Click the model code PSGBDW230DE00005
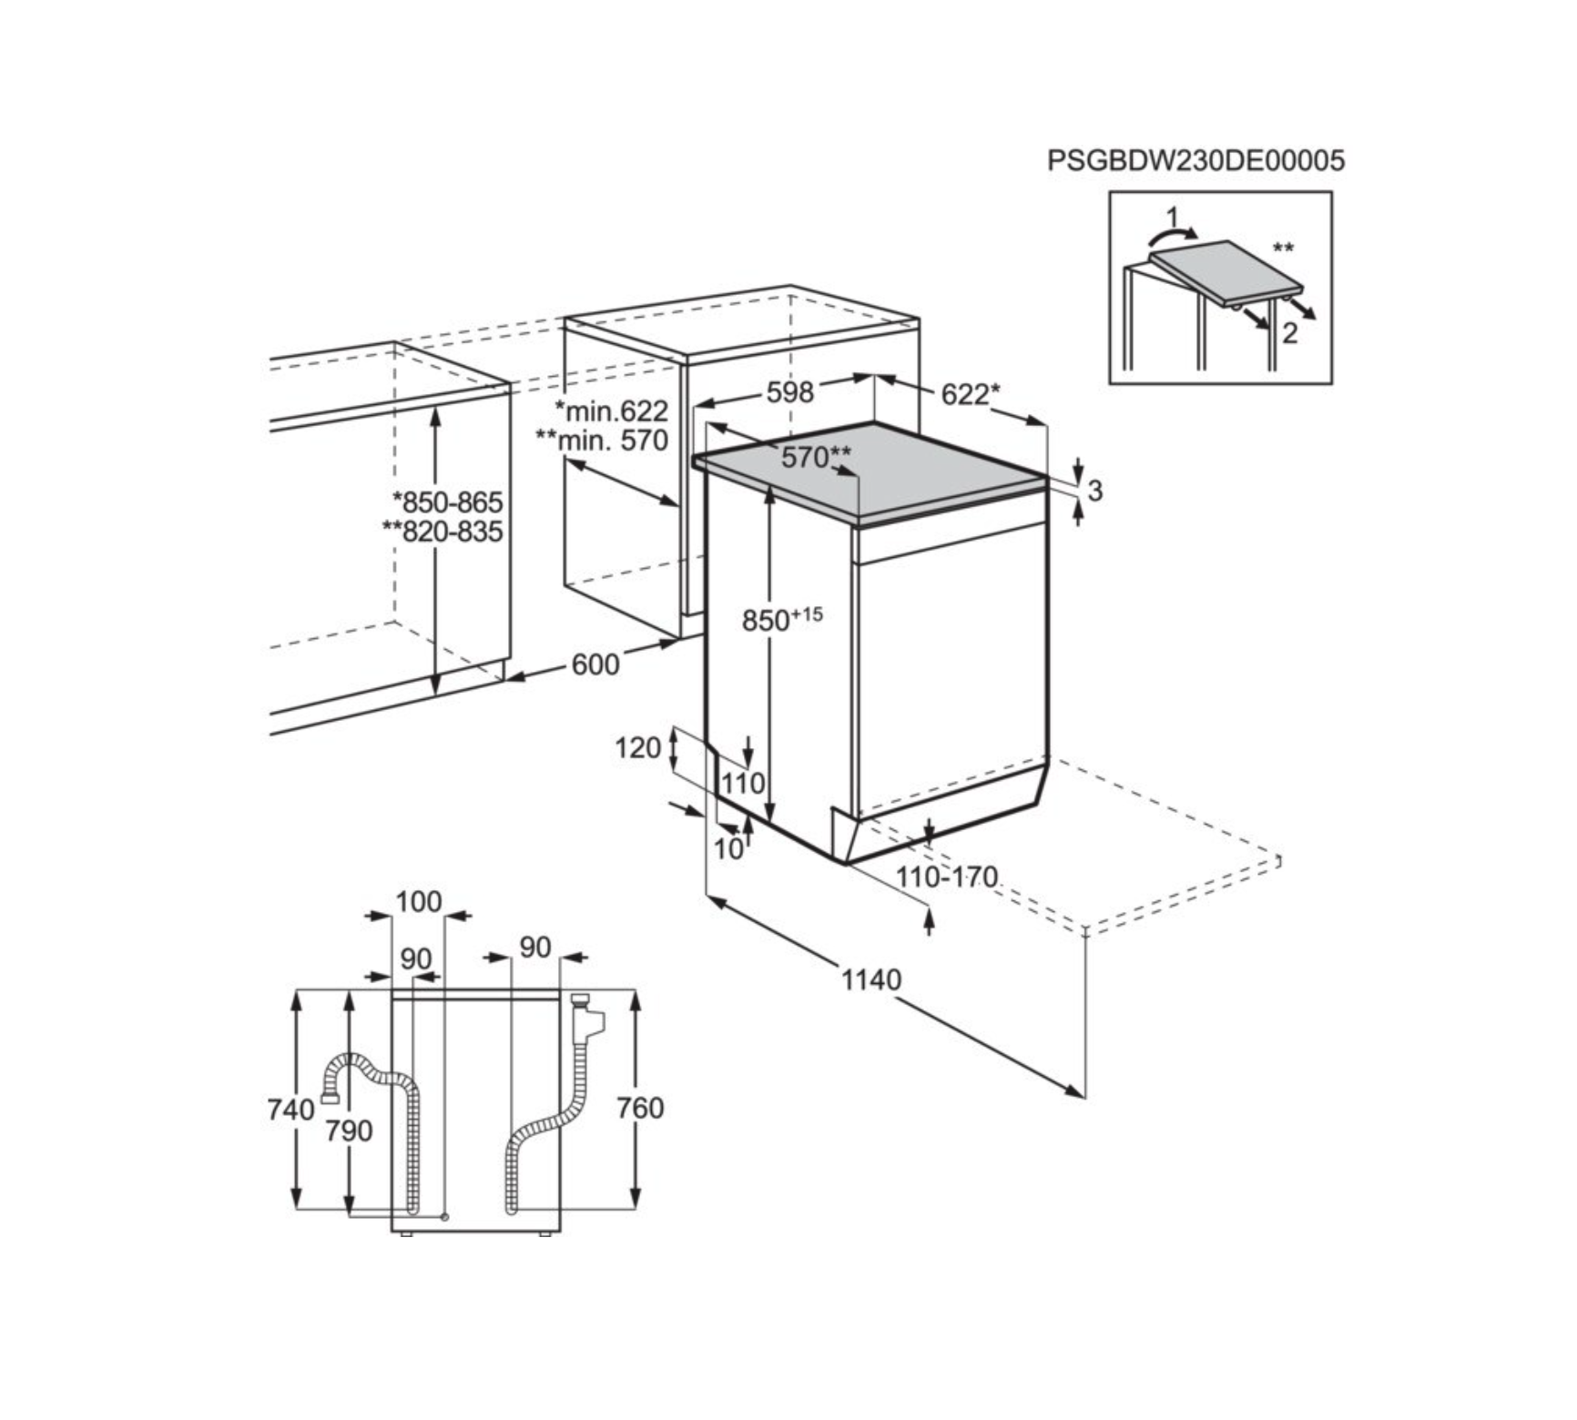[1195, 160]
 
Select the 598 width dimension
[789, 392]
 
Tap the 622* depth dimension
[971, 394]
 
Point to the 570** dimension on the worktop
[816, 456]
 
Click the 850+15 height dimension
[782, 619]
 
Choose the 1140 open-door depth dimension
[870, 979]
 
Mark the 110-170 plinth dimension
[947, 877]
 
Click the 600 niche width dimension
[595, 664]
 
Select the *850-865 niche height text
[447, 502]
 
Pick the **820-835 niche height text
[443, 531]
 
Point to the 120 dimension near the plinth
[637, 747]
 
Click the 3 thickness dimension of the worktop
[1094, 491]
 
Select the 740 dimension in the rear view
[290, 1110]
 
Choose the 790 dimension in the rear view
[349, 1131]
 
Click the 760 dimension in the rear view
[640, 1108]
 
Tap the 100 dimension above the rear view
[418, 901]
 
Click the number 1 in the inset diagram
[1173, 217]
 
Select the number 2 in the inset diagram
[1289, 333]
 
